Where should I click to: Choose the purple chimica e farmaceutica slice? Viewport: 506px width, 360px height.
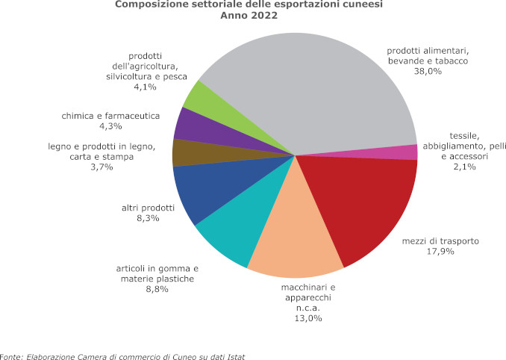(188, 124)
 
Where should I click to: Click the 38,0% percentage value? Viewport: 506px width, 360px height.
(428, 72)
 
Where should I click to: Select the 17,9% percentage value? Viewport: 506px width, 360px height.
(440, 252)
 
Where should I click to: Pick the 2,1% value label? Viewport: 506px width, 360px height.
(463, 167)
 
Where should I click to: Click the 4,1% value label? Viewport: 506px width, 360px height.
(145, 87)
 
